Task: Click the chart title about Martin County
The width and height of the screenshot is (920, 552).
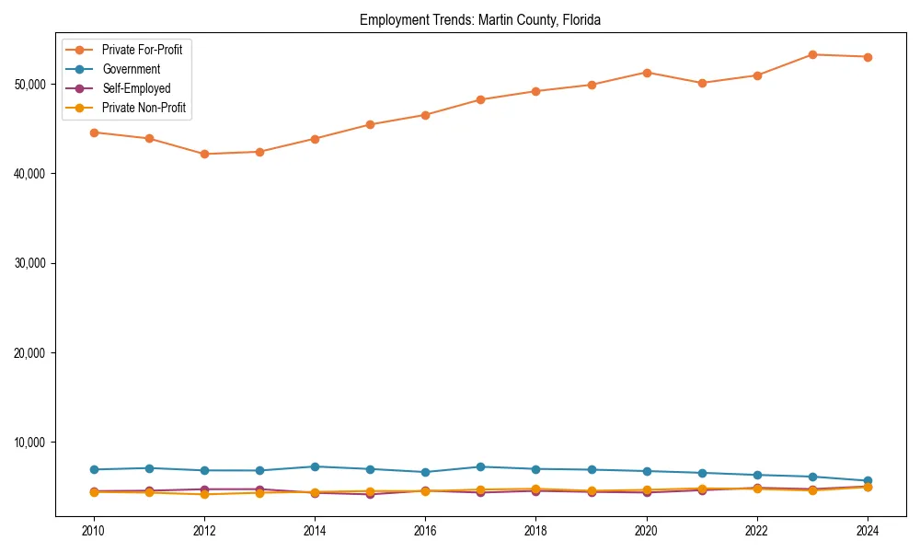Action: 480,20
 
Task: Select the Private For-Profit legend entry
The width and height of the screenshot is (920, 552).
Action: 142,50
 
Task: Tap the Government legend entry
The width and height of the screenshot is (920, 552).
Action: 131,69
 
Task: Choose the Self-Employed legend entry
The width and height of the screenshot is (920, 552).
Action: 136,88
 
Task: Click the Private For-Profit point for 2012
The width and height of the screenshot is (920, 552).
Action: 204,154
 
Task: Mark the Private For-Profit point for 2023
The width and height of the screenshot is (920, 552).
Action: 812,54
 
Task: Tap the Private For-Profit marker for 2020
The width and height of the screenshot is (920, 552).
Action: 647,73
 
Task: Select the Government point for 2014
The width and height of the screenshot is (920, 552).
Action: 315,466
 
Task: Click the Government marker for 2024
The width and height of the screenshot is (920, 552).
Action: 868,480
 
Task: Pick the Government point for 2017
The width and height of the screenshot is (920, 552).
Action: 480,466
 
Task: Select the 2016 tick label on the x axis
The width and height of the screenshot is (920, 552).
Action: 425,531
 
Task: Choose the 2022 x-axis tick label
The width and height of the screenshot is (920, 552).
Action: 757,531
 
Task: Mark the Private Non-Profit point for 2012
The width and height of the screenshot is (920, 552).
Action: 204,494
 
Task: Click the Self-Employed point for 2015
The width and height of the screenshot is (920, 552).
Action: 370,494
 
